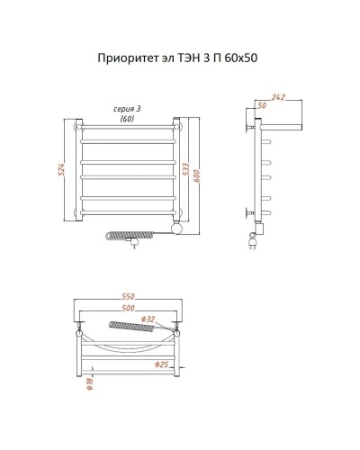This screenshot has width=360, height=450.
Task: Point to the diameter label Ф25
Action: [x=161, y=364]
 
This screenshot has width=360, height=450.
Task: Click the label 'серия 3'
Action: [x=127, y=108]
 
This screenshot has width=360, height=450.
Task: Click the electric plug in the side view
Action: [x=251, y=240]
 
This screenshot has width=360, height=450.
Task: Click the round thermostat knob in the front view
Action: [x=179, y=229]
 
